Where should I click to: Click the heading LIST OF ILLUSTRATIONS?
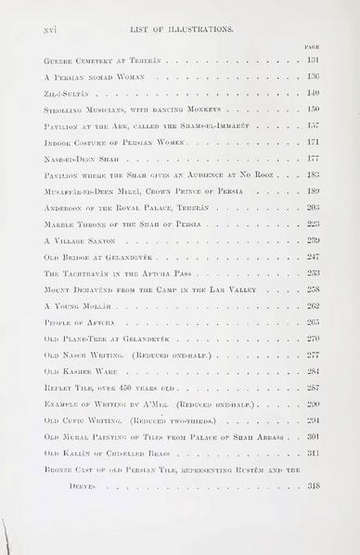click(181, 30)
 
